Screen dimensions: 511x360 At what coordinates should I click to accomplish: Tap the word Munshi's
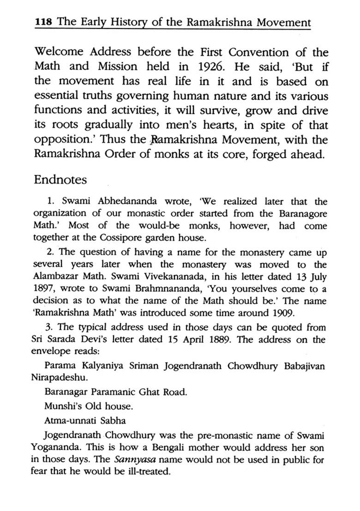pos(62,407)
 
